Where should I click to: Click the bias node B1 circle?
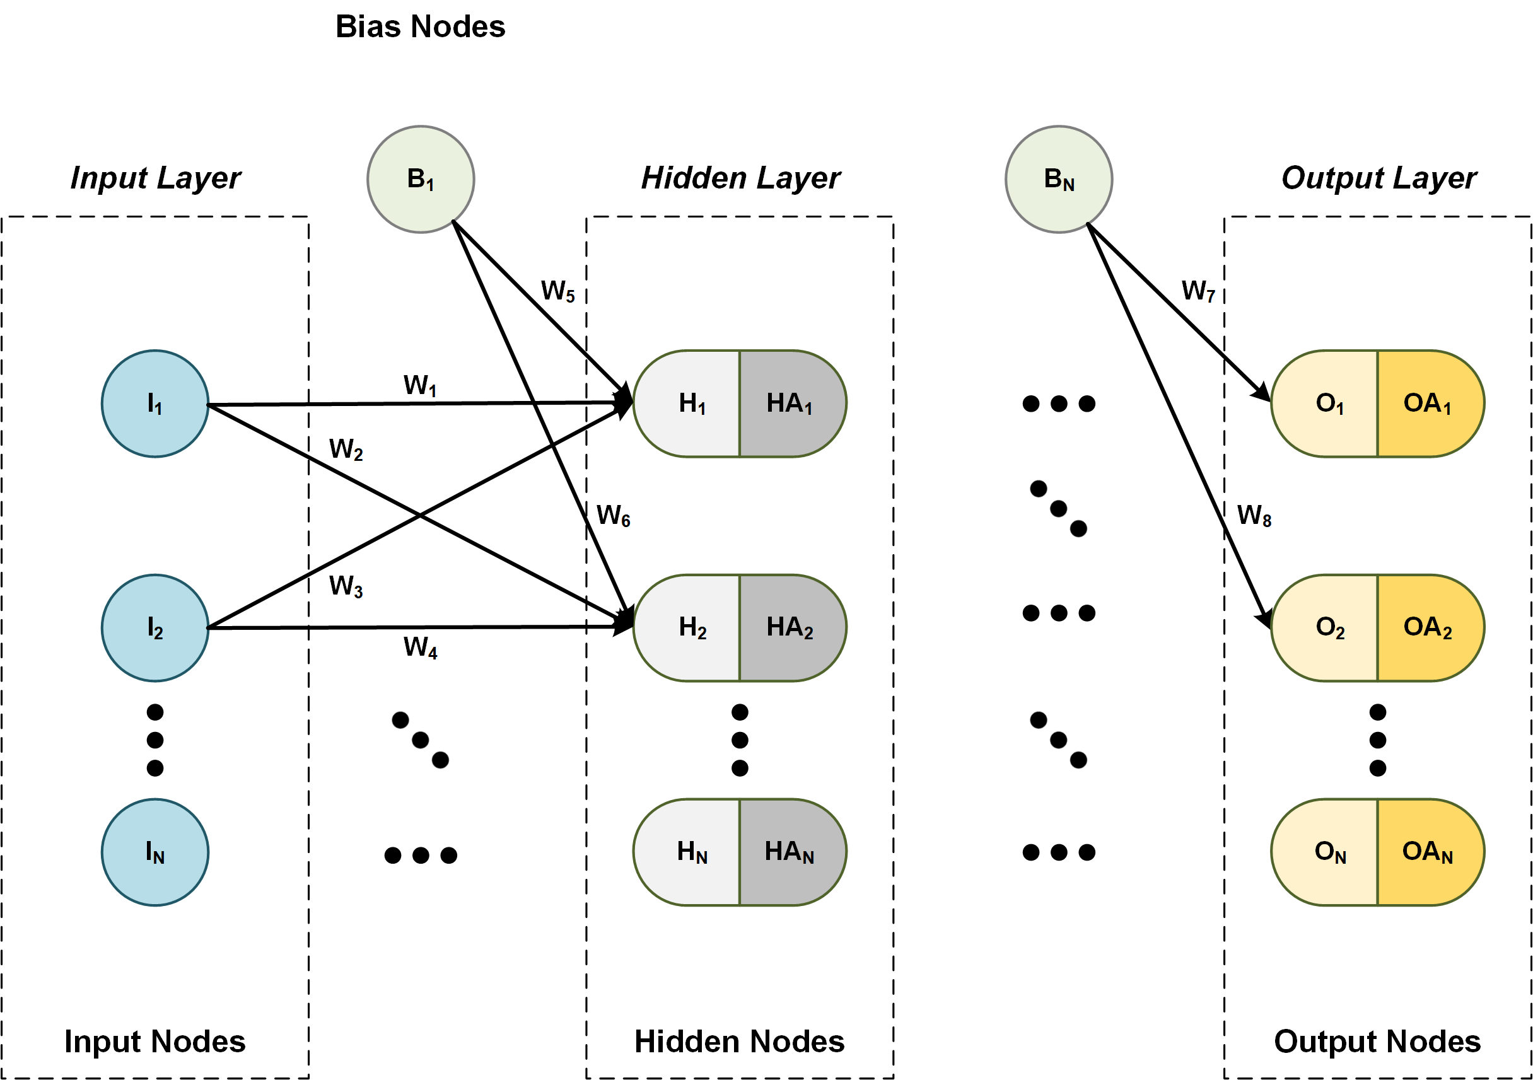(421, 179)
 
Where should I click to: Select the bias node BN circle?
(1058, 179)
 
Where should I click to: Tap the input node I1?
(155, 403)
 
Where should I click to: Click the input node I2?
(155, 627)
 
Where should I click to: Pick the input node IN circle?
(155, 852)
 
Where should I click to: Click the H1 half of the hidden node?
(691, 403)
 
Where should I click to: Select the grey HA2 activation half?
(791, 627)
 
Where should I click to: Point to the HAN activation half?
(791, 852)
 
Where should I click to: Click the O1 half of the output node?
(1329, 403)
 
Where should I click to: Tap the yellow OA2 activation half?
(1429, 627)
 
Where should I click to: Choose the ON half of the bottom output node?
(1329, 852)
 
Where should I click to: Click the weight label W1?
(420, 386)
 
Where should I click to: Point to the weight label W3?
(346, 586)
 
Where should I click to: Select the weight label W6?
(613, 516)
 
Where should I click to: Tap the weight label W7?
(1199, 291)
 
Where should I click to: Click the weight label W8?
(1254, 516)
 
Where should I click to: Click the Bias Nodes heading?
(420, 26)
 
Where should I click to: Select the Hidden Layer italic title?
(740, 178)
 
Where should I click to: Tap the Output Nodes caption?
(1377, 1042)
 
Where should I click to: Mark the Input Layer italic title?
(155, 178)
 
